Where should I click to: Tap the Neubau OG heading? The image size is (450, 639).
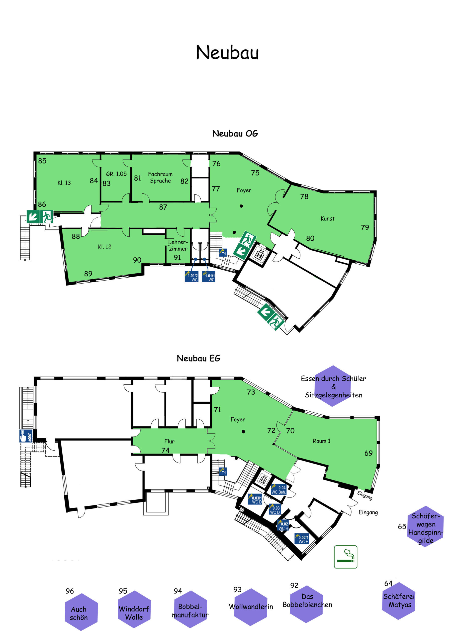(235, 133)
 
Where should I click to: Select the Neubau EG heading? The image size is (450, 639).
(198, 358)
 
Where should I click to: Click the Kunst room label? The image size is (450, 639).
(327, 218)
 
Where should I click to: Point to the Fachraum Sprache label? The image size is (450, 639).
(160, 177)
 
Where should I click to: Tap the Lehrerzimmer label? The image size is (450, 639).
(178, 245)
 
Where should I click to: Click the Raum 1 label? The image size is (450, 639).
(322, 441)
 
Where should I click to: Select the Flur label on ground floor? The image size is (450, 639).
(169, 441)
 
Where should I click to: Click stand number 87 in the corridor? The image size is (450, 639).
(163, 207)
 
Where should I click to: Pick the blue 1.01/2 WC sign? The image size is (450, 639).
(191, 276)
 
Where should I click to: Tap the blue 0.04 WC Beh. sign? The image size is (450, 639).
(278, 489)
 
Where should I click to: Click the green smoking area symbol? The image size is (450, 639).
(346, 557)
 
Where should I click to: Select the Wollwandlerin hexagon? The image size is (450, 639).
(251, 607)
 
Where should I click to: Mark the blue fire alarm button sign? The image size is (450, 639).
(26, 436)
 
